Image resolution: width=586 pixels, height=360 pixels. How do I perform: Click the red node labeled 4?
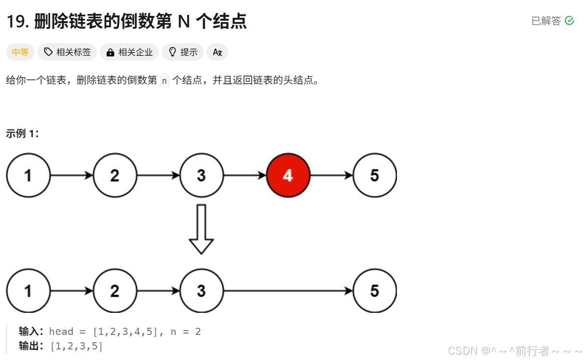[288, 175]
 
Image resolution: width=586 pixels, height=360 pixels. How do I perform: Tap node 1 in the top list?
[28, 175]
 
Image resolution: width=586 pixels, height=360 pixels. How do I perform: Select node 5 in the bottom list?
[374, 291]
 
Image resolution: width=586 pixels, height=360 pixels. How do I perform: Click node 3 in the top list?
[201, 175]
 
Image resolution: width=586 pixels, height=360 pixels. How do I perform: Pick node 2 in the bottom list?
[115, 291]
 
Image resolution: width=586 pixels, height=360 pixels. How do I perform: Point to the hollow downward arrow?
[201, 229]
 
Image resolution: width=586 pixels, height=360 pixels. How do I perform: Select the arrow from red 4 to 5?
[331, 175]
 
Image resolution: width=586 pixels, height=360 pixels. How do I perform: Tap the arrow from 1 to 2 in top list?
[72, 175]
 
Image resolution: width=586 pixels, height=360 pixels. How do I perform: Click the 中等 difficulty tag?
[20, 52]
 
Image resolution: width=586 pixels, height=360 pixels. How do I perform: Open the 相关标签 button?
[67, 52]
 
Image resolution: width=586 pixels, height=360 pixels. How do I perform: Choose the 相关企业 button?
[130, 52]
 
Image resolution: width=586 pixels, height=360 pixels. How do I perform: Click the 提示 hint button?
[183, 52]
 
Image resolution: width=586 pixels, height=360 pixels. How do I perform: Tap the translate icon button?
[217, 52]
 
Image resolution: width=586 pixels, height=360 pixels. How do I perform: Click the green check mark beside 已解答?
[569, 21]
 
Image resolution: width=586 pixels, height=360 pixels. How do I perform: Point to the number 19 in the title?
[17, 21]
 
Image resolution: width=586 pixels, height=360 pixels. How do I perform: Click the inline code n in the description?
[165, 80]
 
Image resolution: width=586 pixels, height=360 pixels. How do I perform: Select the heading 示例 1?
[22, 134]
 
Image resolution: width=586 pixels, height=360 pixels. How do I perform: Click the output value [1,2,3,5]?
[77, 346]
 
